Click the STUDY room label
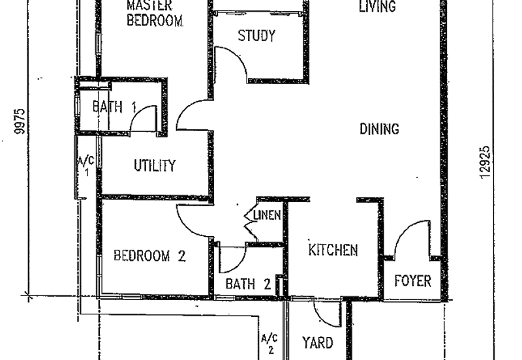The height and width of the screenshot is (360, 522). [256, 36]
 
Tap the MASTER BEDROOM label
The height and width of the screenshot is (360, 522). [155, 13]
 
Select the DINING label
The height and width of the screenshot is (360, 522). [380, 128]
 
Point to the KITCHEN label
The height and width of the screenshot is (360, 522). [333, 250]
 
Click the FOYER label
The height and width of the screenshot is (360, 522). [413, 281]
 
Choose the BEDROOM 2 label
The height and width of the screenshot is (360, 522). [149, 256]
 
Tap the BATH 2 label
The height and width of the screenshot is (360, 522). [248, 284]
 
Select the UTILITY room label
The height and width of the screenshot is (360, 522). [155, 166]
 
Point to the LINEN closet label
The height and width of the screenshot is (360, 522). [267, 215]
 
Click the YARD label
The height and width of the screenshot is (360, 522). [318, 343]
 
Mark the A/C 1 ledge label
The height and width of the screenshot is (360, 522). [85, 166]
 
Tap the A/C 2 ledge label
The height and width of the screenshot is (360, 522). [269, 344]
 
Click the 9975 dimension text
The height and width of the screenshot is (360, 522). [20, 121]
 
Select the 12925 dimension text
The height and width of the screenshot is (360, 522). [485, 162]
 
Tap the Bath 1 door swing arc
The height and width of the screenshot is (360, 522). [136, 113]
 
